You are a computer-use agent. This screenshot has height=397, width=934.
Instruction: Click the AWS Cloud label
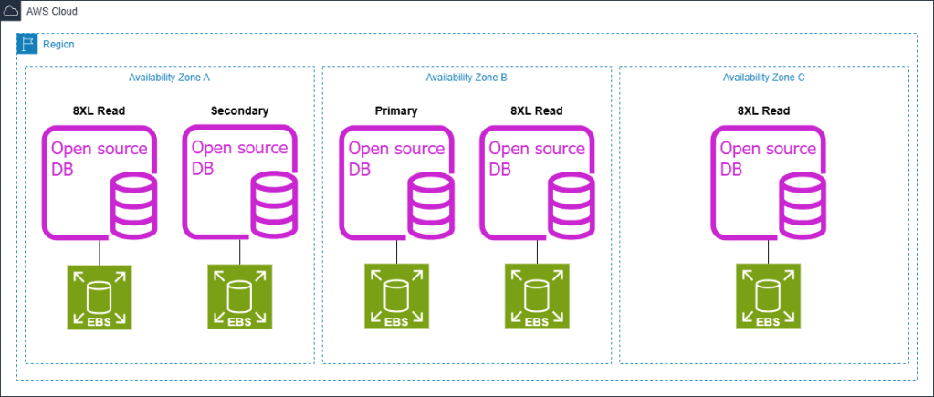click(52, 12)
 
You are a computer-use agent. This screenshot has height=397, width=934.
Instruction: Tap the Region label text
click(58, 44)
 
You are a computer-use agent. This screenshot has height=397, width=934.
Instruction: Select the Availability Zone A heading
click(170, 78)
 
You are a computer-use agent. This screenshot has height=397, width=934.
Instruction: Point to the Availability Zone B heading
click(467, 78)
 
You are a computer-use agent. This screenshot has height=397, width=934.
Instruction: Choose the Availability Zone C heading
click(763, 78)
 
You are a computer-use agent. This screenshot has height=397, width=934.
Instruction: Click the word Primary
click(395, 111)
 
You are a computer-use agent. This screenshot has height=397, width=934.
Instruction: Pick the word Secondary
click(239, 111)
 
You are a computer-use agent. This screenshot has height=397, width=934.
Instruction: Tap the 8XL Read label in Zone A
click(99, 111)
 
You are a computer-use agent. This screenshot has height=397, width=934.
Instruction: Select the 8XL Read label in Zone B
click(536, 111)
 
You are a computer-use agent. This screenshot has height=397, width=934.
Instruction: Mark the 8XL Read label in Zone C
click(763, 111)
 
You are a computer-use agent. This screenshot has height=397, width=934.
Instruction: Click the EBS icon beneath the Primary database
click(396, 297)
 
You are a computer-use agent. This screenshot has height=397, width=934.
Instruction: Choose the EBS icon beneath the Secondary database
click(240, 297)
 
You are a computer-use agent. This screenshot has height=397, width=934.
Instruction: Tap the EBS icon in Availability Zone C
click(768, 297)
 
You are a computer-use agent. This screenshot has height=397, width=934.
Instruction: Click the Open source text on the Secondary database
click(240, 148)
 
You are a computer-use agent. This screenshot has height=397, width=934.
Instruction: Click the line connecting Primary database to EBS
click(397, 252)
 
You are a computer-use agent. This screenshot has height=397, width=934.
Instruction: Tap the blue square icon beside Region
click(27, 44)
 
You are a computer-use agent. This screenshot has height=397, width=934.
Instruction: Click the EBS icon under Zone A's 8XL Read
click(99, 297)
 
